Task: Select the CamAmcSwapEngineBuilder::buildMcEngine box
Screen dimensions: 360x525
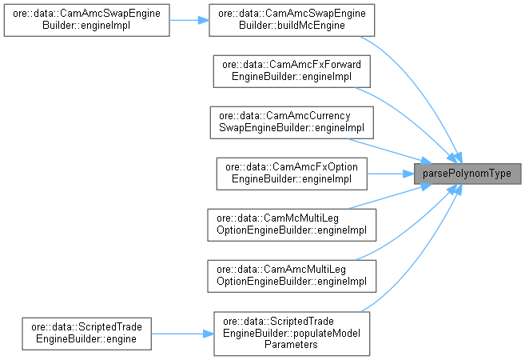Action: coord(289,19)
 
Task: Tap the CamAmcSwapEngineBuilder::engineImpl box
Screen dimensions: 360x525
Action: coord(86,19)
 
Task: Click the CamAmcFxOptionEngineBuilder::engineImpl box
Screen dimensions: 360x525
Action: coord(289,173)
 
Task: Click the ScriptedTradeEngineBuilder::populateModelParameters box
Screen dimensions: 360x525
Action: coord(289,332)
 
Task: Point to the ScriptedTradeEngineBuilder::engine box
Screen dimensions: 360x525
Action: coord(86,332)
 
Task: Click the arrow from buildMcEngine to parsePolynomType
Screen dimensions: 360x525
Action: coord(424,88)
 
